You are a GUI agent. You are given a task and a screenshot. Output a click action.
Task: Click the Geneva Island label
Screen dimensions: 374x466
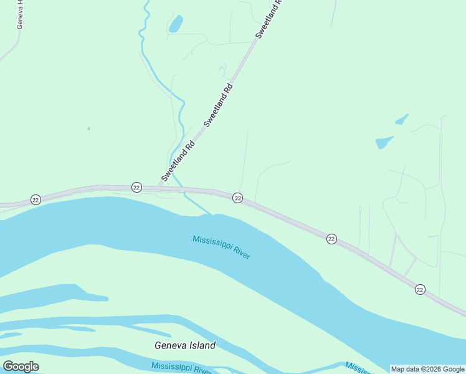(x=185, y=345)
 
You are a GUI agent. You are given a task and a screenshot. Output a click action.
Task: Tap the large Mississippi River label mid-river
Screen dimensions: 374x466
(x=221, y=247)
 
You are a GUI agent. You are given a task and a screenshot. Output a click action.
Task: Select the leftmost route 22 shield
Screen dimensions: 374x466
(x=36, y=199)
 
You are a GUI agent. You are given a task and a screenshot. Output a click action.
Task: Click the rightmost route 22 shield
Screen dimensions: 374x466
(x=420, y=289)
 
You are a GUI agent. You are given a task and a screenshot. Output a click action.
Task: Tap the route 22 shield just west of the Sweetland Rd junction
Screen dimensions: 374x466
(x=136, y=187)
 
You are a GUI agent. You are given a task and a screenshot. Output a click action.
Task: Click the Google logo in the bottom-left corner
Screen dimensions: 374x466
(x=21, y=367)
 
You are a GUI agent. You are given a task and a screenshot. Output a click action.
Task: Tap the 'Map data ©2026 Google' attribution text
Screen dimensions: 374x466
(x=427, y=369)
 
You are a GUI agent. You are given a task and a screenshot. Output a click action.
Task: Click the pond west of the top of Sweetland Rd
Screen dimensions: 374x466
(x=176, y=24)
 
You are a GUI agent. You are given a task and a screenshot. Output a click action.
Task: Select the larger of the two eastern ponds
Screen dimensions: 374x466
(x=384, y=142)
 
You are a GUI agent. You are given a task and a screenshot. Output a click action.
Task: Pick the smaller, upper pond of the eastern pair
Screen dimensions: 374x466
(x=402, y=118)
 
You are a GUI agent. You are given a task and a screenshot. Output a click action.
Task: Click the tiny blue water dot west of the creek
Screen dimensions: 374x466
(x=88, y=128)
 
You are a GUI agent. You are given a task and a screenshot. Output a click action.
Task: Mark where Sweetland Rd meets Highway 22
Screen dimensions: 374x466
(x=161, y=186)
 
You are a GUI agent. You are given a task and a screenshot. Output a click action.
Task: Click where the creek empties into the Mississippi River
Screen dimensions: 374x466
(x=207, y=213)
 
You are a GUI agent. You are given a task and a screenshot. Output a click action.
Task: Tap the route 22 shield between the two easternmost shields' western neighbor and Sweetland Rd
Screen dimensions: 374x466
(x=237, y=198)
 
